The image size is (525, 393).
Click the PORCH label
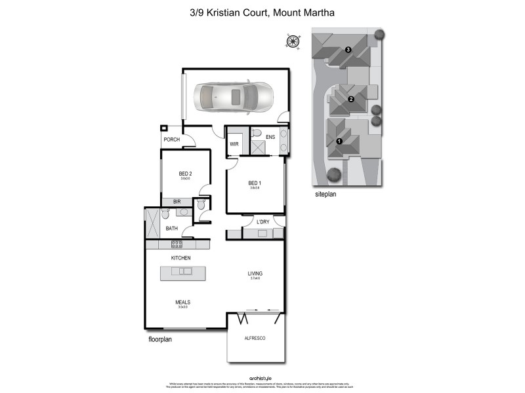click(172, 140)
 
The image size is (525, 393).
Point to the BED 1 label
click(255, 183)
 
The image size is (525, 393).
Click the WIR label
click(234, 143)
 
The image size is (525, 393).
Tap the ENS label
click(269, 137)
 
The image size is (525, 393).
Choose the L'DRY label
click(263, 222)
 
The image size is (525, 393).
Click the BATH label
click(171, 229)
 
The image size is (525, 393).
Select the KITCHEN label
click(180, 258)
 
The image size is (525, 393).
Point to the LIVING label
click(255, 274)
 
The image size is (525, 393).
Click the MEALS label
click(182, 302)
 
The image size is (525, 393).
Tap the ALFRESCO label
click(255, 337)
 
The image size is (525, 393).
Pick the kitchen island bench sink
click(186, 271)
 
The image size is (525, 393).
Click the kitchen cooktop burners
click(177, 244)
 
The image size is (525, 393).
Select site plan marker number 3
click(348, 50)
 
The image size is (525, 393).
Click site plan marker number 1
click(339, 141)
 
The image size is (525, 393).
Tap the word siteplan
click(325, 195)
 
